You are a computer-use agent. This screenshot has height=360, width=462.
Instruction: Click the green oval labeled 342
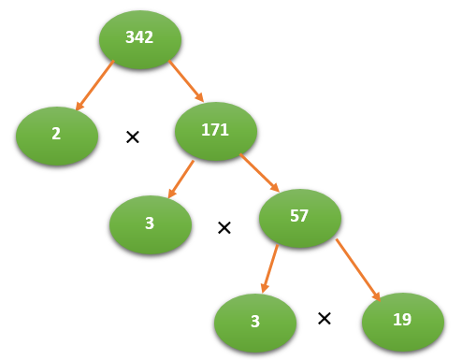pyautogui.click(x=139, y=37)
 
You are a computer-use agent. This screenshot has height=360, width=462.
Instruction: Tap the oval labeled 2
pyautogui.click(x=56, y=135)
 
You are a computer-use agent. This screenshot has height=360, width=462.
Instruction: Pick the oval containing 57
pyautogui.click(x=300, y=217)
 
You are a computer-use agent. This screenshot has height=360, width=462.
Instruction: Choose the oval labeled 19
pyautogui.click(x=402, y=320)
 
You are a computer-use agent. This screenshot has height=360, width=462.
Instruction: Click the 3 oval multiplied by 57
pyautogui.click(x=151, y=223)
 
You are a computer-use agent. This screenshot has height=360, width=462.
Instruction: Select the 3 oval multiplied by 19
pyautogui.click(x=254, y=322)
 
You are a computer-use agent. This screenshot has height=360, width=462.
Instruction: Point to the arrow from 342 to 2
pyautogui.click(x=94, y=85)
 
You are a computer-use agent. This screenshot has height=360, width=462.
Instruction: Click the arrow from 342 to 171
pyautogui.click(x=186, y=80)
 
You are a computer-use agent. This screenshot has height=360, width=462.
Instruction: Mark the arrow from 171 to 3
pyautogui.click(x=181, y=179)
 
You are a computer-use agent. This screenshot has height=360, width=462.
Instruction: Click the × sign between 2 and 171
pyautogui.click(x=133, y=137)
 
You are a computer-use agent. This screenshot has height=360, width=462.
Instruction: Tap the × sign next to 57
pyautogui.click(x=224, y=227)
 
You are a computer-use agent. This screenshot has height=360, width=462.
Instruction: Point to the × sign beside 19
pyautogui.click(x=325, y=318)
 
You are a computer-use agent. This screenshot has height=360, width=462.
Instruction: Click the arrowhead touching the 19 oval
pyautogui.click(x=378, y=296)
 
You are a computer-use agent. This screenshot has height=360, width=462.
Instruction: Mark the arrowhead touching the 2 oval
pyautogui.click(x=78, y=106)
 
